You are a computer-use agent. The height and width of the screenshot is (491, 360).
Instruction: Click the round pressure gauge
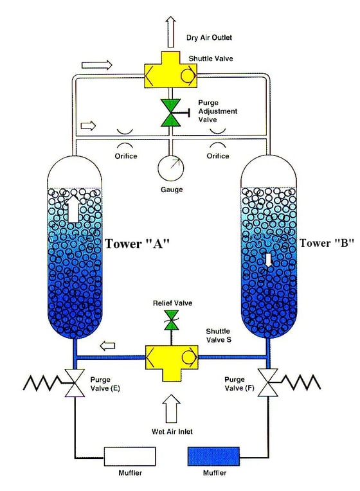click(172, 168)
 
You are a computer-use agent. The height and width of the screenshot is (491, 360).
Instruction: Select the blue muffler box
click(213, 456)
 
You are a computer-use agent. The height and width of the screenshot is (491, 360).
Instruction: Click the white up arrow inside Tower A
click(75, 210)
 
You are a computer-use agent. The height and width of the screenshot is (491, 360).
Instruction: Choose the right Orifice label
click(220, 156)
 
